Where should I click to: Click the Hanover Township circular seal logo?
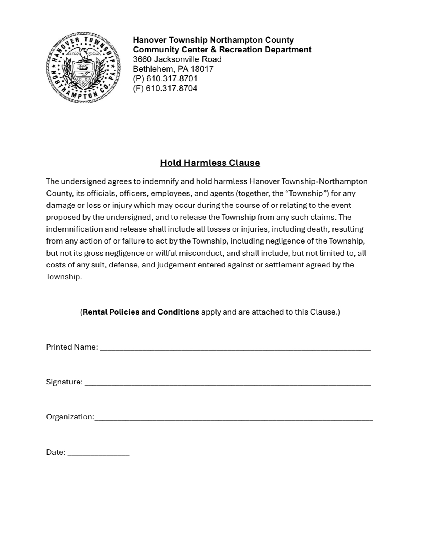83,67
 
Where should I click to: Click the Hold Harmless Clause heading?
210,163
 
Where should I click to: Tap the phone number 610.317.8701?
172,78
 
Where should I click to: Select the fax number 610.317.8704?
172,88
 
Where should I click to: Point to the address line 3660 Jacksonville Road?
177,59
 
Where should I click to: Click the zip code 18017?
202,69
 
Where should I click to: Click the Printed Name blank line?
236,348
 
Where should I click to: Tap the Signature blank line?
228,383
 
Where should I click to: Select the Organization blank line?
234,418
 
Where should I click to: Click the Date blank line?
98,453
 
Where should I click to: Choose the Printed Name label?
72,347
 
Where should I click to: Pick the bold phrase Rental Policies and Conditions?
141,312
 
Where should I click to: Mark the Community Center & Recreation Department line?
222,49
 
